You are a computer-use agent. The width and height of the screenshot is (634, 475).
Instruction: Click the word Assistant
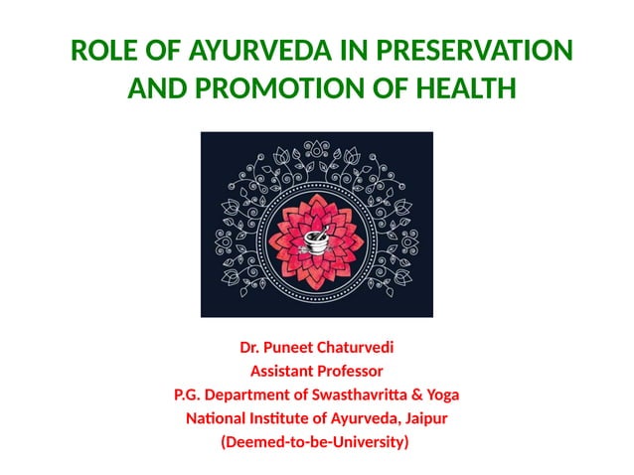283,372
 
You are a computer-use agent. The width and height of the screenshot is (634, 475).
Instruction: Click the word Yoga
438,395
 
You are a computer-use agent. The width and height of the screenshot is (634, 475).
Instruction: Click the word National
217,418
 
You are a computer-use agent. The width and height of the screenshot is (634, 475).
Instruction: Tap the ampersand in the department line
406,395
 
